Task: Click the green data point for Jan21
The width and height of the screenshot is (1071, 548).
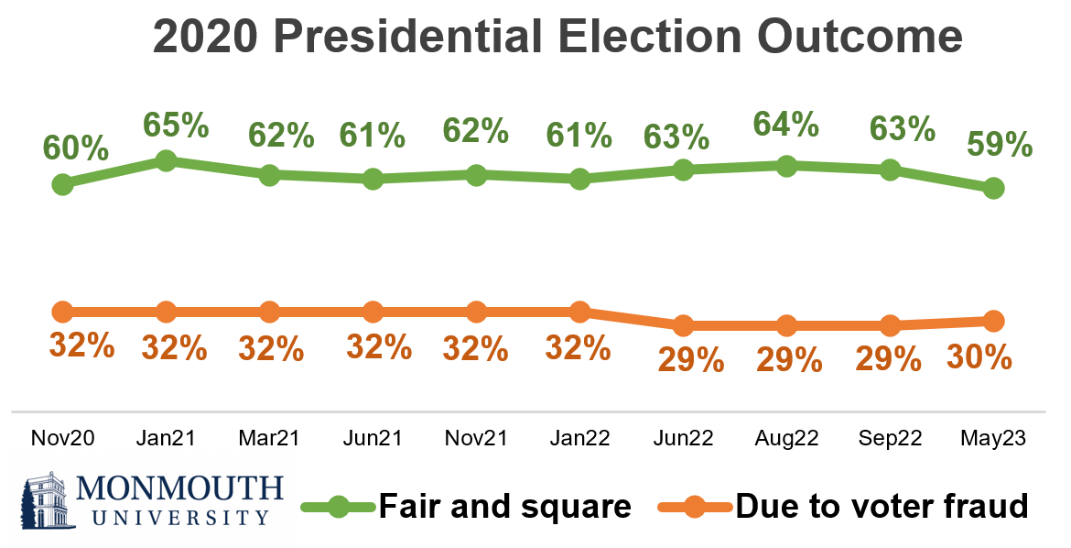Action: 166,161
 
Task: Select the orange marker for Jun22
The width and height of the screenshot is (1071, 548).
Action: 682,325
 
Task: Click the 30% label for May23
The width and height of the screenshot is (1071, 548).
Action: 982,355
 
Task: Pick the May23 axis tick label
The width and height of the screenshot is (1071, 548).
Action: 993,439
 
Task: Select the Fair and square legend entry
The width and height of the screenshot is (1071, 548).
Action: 504,505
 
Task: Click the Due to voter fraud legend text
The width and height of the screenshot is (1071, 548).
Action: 882,505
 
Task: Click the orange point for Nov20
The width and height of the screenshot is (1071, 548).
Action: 62,312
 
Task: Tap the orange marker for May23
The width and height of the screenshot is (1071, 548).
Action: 993,321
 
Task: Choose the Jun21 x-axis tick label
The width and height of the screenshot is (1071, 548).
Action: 372,439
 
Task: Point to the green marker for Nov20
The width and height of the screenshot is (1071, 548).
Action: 62,184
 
